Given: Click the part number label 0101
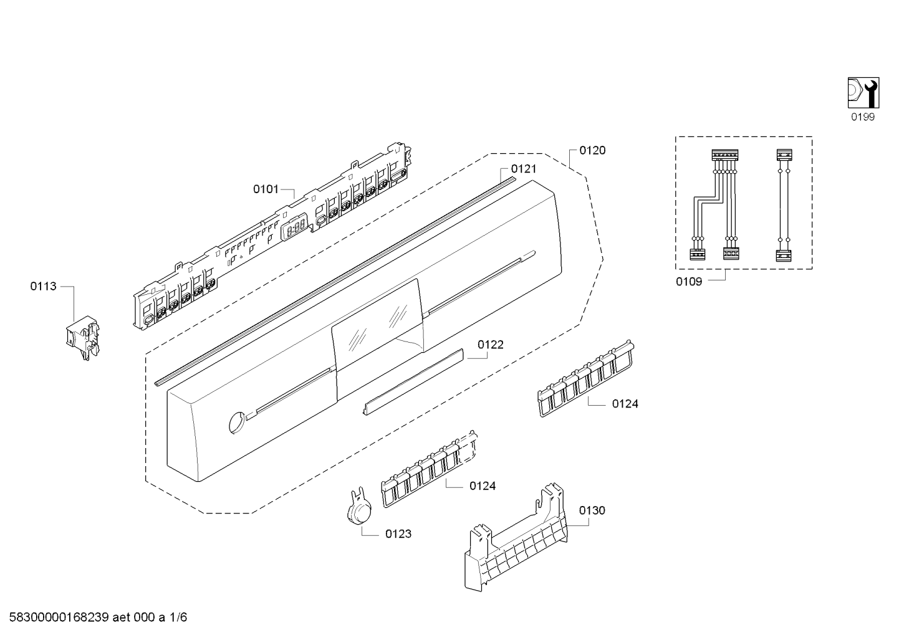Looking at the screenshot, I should [x=266, y=189].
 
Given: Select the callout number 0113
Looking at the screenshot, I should [x=43, y=286].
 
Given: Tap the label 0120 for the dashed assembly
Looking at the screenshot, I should [x=592, y=150].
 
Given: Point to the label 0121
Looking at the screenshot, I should [x=523, y=169].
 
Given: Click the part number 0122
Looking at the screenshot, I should [x=491, y=345].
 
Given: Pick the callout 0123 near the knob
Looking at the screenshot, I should [x=398, y=534].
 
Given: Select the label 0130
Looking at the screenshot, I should [x=592, y=510].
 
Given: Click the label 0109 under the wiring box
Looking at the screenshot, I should [x=688, y=282].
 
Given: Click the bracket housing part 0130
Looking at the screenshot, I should [x=517, y=542].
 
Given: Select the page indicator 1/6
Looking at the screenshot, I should [x=178, y=618].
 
